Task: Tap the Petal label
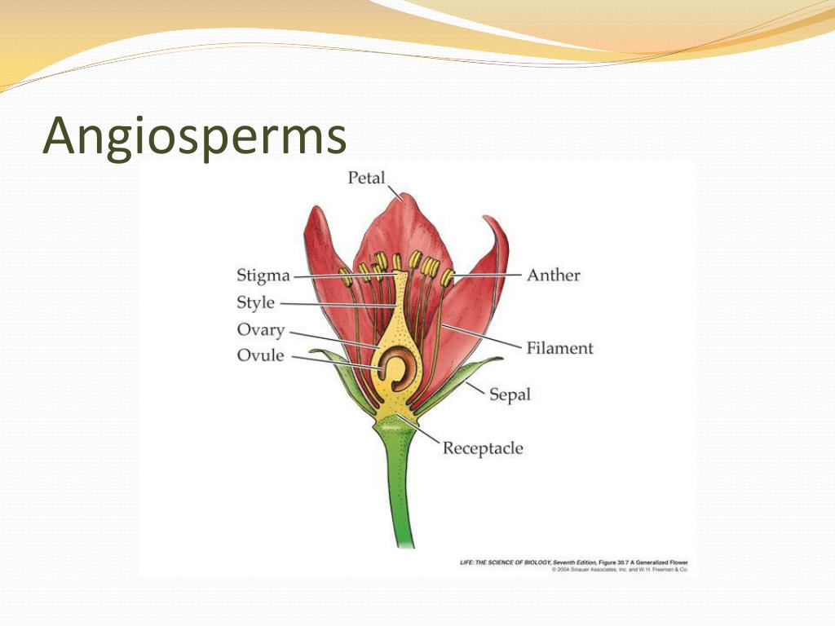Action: tap(366, 177)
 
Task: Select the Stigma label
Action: tap(263, 276)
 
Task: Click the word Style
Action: tap(255, 303)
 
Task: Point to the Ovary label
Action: tap(260, 330)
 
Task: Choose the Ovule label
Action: tap(260, 355)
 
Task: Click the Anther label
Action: tap(554, 275)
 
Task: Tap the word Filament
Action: tap(559, 348)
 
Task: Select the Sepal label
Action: tap(510, 395)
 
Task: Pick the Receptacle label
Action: tap(483, 448)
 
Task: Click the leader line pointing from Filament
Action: tap(481, 336)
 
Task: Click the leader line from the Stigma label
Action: tap(342, 276)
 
